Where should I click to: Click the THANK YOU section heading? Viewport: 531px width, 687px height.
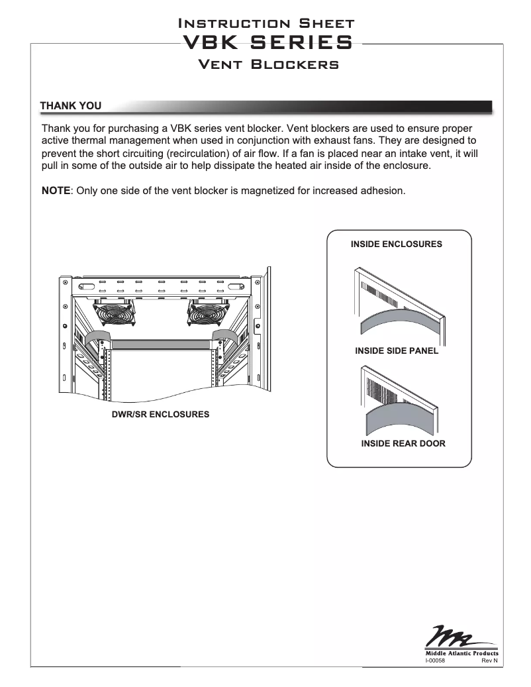[71, 106]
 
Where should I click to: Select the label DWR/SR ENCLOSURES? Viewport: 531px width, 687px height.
[160, 414]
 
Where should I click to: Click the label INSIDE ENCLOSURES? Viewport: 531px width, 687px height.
[396, 244]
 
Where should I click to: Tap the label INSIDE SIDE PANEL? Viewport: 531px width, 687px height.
[397, 350]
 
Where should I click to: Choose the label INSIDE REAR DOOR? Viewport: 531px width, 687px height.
[403, 443]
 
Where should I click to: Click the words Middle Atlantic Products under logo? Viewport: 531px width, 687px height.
[461, 653]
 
